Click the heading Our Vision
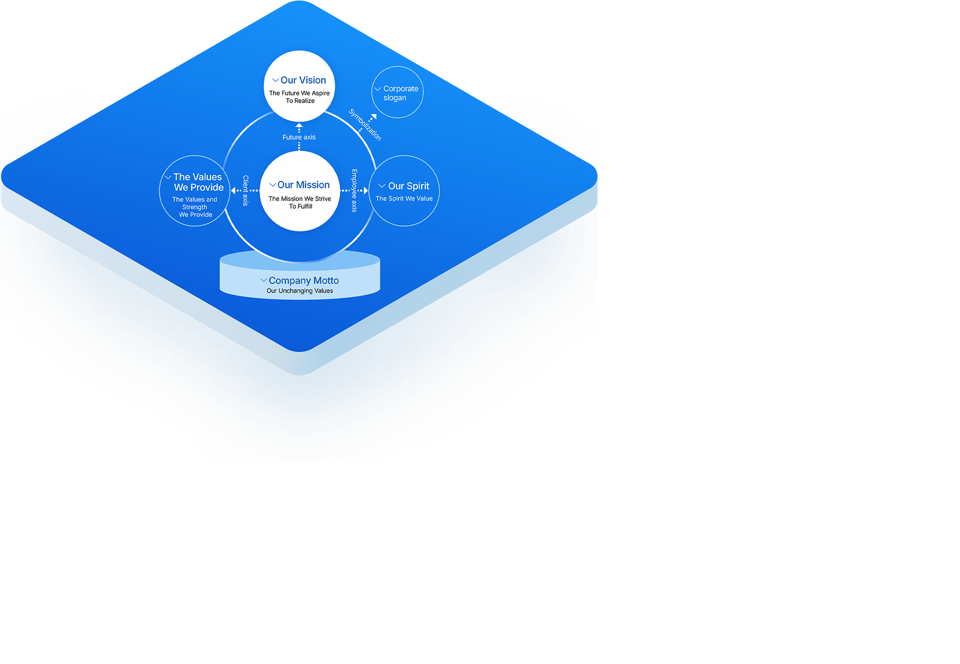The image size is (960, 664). pos(304,80)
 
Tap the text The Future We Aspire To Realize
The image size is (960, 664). pos(299,97)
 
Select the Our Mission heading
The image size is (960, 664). pos(304,185)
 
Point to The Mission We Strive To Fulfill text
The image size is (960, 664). pos(300,203)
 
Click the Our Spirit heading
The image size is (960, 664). pos(408,186)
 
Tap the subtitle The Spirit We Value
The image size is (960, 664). pos(404,199)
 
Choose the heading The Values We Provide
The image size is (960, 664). pos(198,182)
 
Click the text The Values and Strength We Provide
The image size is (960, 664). pos(195,207)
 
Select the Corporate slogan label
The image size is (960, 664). pos(401,93)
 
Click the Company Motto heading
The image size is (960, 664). pos(304,281)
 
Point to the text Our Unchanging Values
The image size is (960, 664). pos(300,291)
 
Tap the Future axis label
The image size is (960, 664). pos(299,137)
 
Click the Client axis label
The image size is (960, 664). pos(245,191)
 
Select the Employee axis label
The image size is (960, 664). pos(354,191)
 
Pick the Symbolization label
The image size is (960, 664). pos(365,124)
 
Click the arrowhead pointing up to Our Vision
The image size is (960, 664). pos(299,126)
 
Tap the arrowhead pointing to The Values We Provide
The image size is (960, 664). pos(233,191)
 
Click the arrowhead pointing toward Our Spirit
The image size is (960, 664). pos(366,191)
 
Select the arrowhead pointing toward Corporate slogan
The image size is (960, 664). pos(373,117)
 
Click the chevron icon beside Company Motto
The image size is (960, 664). pos(264,280)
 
